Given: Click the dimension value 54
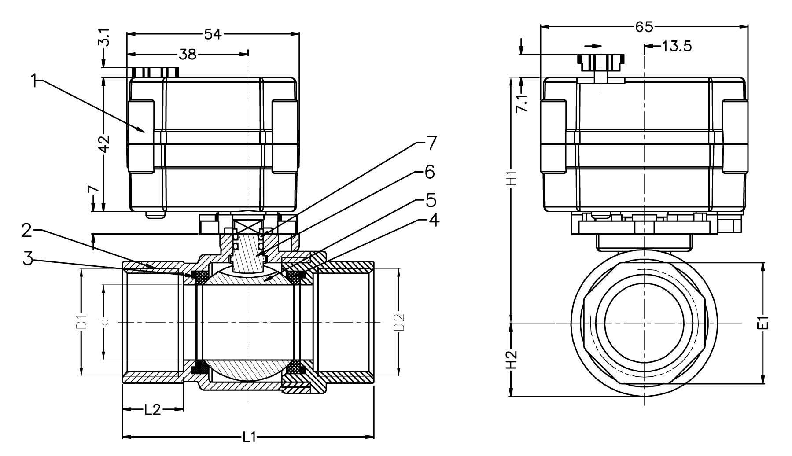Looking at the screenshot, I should pyautogui.click(x=213, y=34).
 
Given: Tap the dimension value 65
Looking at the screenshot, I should pyautogui.click(x=644, y=27).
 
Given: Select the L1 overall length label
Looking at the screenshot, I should pyautogui.click(x=249, y=437).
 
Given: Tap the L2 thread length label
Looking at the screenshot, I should pyautogui.click(x=152, y=410).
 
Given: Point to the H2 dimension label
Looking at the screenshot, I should pyautogui.click(x=511, y=360).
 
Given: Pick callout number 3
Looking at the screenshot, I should pyautogui.click(x=28, y=259).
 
